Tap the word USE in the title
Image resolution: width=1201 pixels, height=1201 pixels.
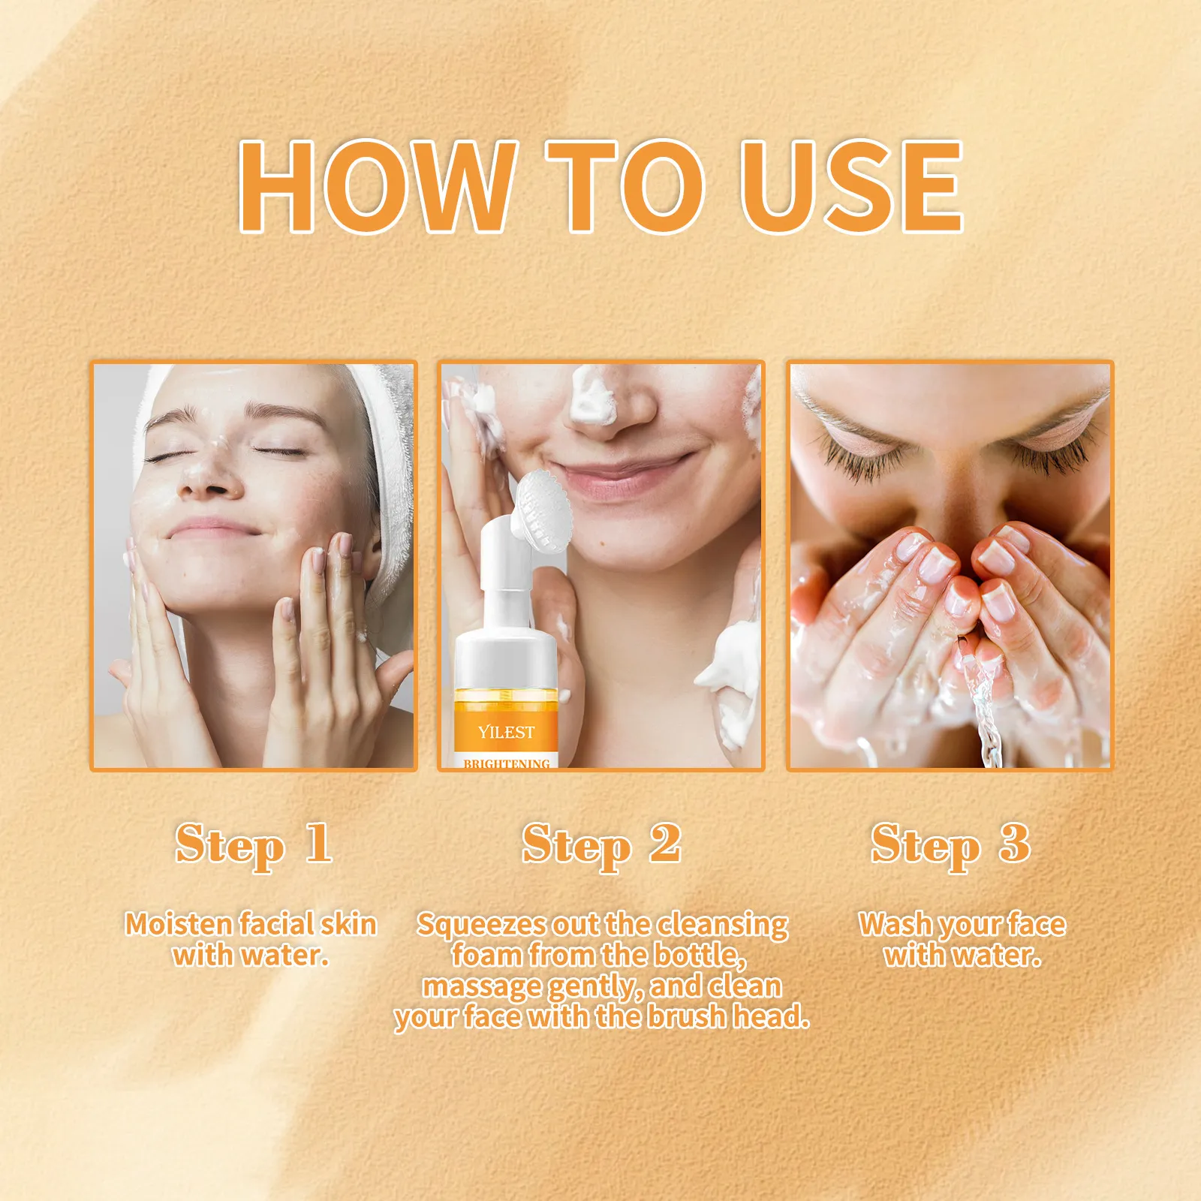[851, 185]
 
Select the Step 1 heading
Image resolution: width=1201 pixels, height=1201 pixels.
[254, 845]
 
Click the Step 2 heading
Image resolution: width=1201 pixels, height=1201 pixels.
[602, 845]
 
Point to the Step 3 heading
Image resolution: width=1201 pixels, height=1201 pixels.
[950, 845]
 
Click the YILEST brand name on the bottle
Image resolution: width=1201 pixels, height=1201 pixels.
[507, 732]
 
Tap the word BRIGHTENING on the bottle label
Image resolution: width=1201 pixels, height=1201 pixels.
[507, 763]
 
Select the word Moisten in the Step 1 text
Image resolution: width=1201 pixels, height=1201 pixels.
[179, 924]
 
